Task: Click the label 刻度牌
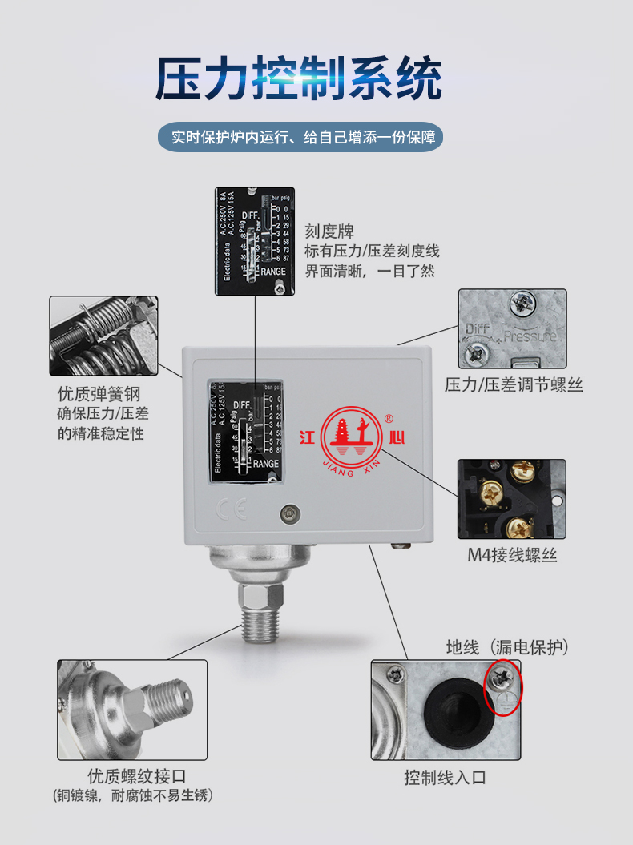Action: pos(329,231)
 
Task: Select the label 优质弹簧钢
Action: pos(99,394)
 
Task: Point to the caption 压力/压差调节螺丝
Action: pos(514,385)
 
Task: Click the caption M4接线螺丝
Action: pos(512,555)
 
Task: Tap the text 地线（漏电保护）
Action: pos(506,646)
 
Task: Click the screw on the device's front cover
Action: pos(288,513)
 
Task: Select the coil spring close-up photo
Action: pos(103,336)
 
